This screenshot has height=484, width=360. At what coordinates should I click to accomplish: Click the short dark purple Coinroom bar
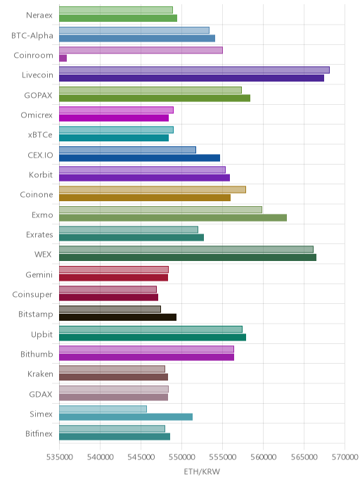(x=63, y=58)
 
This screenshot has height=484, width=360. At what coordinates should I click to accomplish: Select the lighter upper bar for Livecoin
(x=194, y=70)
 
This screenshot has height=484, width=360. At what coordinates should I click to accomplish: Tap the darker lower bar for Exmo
(x=173, y=217)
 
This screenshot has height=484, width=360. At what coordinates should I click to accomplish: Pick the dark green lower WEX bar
(x=188, y=257)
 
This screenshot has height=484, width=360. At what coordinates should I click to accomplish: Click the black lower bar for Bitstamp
(x=118, y=317)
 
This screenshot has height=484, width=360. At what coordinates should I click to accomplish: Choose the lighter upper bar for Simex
(x=103, y=409)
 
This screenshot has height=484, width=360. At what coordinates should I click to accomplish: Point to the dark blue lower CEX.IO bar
(x=139, y=158)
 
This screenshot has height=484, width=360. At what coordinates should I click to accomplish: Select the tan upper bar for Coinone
(x=153, y=189)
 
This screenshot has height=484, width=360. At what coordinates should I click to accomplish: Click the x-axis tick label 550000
(x=181, y=457)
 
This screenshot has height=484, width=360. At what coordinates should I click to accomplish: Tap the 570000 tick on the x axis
(x=345, y=457)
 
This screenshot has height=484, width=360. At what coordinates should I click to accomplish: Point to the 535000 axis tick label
(x=60, y=457)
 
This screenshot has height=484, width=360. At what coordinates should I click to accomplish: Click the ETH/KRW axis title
(x=202, y=471)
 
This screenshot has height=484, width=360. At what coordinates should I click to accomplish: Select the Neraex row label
(x=39, y=15)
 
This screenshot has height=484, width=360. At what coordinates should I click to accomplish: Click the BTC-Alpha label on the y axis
(x=32, y=35)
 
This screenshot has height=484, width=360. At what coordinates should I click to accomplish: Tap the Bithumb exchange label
(x=37, y=354)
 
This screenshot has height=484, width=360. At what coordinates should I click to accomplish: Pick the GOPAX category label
(x=38, y=96)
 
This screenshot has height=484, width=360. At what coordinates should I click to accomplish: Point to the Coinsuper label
(x=32, y=295)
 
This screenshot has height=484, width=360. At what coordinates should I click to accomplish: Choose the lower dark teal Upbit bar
(x=153, y=337)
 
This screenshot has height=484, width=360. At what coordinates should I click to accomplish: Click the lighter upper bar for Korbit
(x=142, y=170)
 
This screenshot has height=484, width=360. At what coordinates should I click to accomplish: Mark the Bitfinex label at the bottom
(x=39, y=433)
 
